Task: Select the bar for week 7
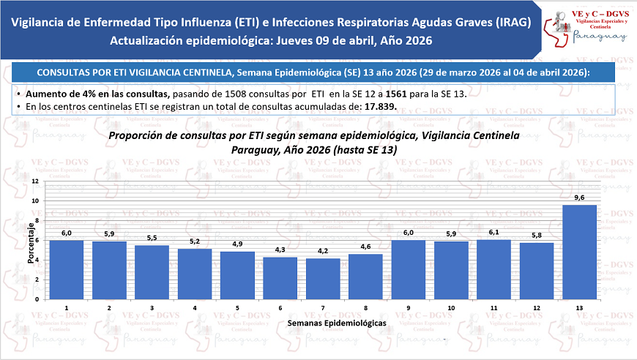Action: click(x=323, y=279)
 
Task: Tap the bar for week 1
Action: click(x=66, y=270)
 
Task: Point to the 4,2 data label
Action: click(x=323, y=252)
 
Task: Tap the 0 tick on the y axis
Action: click(x=37, y=299)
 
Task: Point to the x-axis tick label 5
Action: click(x=237, y=308)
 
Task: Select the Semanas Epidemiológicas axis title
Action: click(x=337, y=322)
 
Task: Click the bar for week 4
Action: click(x=194, y=274)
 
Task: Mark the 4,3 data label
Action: click(x=280, y=250)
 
